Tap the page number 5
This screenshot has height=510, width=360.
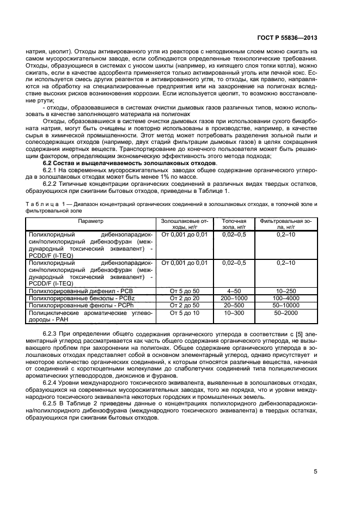coord(315,472)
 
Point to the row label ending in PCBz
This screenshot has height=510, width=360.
coord(81,299)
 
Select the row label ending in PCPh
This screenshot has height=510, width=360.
coord(81,306)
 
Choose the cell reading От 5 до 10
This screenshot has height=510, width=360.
coord(185,313)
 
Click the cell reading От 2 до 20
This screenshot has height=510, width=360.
coord(185,299)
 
